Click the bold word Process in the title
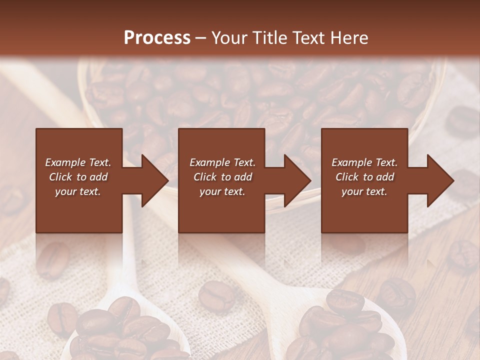[157, 38]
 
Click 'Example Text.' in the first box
[78, 162]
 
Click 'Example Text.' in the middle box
[222, 162]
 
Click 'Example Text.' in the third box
[364, 162]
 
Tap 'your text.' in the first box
[78, 191]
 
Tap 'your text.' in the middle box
[222, 191]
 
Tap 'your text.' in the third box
[364, 191]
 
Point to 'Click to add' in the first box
[78, 177]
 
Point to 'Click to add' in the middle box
[222, 177]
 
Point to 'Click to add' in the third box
[364, 177]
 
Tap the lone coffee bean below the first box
[52, 260]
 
